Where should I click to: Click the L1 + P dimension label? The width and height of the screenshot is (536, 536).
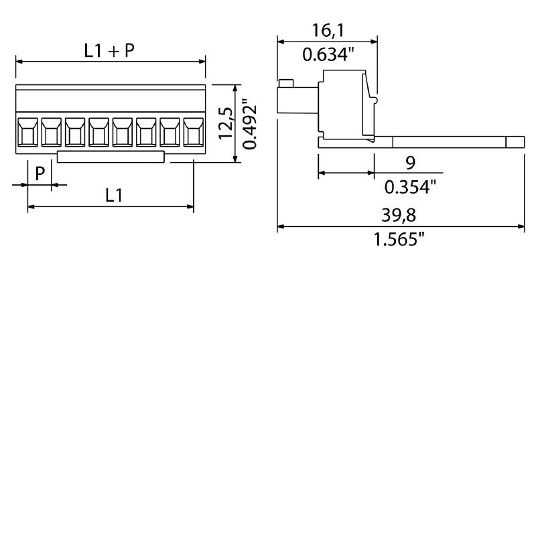point(110,50)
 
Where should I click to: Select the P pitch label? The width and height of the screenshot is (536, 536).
point(40,174)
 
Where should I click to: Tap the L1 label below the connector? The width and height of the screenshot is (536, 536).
point(114,196)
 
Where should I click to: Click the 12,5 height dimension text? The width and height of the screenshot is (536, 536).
point(226,123)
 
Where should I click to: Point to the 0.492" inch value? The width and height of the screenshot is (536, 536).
point(249,124)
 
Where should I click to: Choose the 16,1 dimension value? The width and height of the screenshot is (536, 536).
point(328,30)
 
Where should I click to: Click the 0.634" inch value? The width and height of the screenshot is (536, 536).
point(328,54)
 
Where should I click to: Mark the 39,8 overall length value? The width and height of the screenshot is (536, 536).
point(401,215)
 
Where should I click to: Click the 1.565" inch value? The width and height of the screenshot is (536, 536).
point(401,239)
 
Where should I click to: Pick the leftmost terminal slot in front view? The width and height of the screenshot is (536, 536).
point(27,132)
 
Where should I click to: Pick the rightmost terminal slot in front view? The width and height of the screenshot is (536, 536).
point(193,132)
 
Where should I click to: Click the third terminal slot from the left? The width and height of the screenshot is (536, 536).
point(75,132)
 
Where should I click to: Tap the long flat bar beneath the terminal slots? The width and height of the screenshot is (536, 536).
point(111,157)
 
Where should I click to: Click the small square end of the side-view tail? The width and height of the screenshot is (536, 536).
point(515,142)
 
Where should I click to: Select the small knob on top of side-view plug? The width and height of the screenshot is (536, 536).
point(286,83)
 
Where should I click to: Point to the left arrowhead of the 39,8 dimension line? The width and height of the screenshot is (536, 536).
point(281,227)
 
